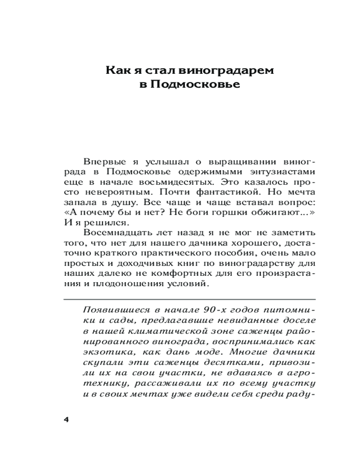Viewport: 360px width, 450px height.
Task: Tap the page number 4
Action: pyautogui.click(x=66, y=419)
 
